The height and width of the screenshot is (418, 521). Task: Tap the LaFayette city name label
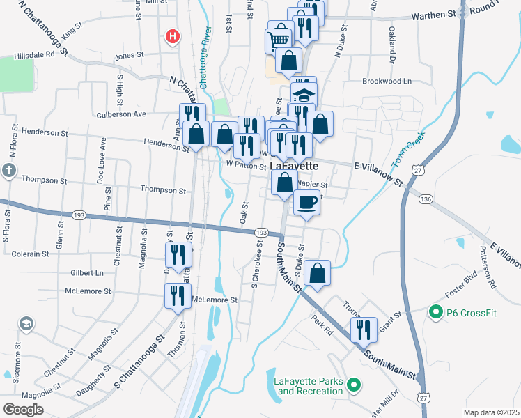(x=294, y=167)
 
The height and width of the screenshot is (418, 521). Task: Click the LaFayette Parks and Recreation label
(x=309, y=385)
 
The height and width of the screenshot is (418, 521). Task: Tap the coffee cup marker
(x=307, y=202)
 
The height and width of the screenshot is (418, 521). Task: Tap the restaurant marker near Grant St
(x=364, y=330)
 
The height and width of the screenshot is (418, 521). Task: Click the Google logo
(x=23, y=410)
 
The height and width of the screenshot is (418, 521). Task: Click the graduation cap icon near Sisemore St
(x=26, y=325)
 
